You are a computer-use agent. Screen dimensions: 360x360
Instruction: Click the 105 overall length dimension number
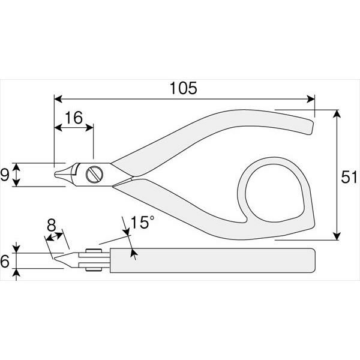(183, 88)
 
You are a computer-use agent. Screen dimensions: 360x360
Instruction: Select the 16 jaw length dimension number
(74, 118)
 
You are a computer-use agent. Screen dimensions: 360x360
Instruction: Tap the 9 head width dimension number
(4, 175)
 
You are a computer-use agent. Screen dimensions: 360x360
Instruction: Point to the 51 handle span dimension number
(349, 177)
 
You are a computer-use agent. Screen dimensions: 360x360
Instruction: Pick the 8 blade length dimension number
(51, 225)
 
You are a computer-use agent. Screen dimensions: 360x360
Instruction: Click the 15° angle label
(142, 222)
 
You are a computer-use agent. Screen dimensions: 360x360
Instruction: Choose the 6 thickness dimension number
(5, 261)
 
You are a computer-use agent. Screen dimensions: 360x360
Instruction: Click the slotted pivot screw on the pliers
(94, 175)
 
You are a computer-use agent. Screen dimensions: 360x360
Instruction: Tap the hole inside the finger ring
(275, 193)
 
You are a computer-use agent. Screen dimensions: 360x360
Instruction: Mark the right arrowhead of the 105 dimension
(311, 99)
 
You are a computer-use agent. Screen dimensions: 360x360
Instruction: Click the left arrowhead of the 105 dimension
(58, 99)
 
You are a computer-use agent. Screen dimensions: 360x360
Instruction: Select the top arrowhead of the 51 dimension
(337, 113)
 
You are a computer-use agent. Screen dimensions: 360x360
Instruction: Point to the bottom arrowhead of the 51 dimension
(337, 236)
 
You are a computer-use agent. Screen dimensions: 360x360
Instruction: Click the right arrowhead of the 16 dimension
(89, 127)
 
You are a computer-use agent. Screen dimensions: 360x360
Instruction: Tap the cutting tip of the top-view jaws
(55, 175)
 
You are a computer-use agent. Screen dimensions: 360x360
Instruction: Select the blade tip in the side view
(55, 258)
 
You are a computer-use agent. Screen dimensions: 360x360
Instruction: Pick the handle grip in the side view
(213, 260)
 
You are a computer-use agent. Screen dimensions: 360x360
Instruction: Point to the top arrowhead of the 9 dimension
(16, 167)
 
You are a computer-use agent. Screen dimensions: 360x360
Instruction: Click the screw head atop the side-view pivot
(94, 250)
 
